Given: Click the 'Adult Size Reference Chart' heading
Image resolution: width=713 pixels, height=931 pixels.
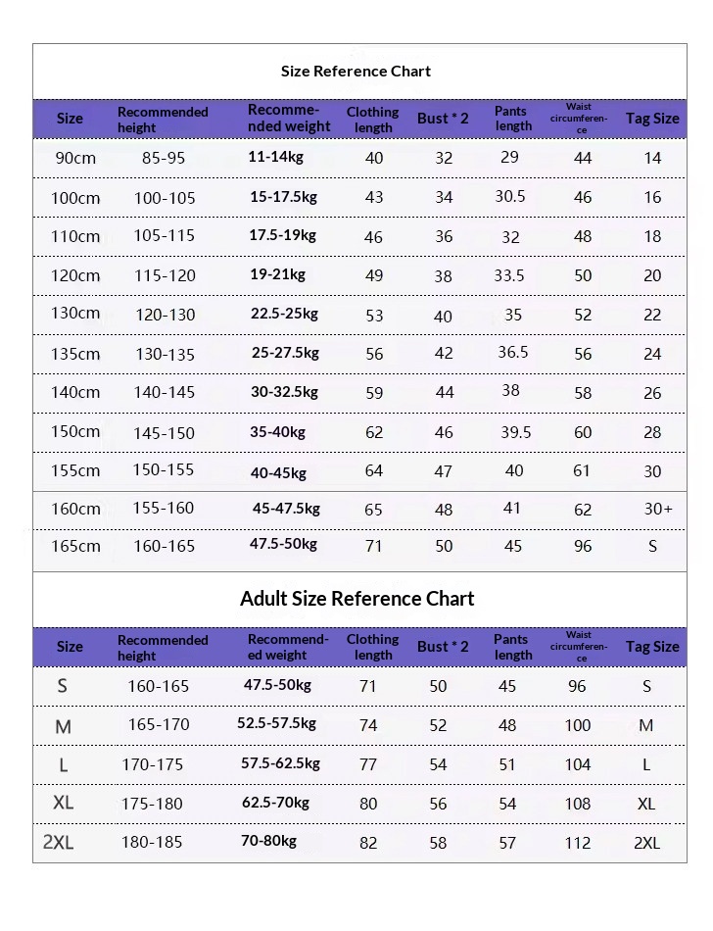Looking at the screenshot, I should point(356,599).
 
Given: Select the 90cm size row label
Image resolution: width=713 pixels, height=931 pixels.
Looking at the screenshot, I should point(74,158).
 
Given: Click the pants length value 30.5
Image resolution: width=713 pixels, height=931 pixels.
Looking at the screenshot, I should point(509,196).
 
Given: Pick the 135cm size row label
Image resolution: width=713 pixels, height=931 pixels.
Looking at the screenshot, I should point(75,354).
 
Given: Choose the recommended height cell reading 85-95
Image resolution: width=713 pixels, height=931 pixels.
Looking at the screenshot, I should point(163,158).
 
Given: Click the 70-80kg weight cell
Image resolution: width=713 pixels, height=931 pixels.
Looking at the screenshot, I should point(268,841).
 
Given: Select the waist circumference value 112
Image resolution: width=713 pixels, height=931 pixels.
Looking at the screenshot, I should point(578,843).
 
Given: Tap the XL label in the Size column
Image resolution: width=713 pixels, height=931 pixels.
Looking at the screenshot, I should point(63,803).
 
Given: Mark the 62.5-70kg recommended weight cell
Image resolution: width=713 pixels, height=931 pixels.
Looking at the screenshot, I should point(274,803).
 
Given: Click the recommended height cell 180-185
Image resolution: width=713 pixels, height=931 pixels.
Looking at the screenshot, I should point(152,843).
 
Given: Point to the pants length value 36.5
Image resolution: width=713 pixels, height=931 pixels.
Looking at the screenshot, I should point(512,353).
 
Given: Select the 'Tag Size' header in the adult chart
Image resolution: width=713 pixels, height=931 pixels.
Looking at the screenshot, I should point(651,647).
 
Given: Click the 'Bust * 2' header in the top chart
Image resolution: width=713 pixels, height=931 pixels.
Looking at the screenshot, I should point(443,119).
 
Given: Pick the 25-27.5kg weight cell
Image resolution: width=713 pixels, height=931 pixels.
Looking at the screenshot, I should point(285,353).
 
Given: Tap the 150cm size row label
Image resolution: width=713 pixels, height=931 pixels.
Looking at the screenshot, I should point(75,432).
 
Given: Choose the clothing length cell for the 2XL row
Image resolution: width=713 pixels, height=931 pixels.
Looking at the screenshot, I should point(368,843).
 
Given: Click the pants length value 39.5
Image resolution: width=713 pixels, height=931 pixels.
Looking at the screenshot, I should point(515,432).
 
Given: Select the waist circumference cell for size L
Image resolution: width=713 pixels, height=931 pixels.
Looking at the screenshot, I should point(578,764).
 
